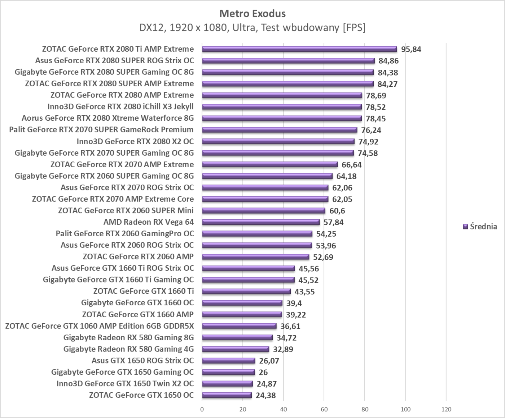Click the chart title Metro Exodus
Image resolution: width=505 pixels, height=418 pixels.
[x=252, y=13]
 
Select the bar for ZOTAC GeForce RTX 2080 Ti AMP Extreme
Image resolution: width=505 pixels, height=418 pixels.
[x=299, y=49]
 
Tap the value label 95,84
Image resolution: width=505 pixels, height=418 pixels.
[x=411, y=49]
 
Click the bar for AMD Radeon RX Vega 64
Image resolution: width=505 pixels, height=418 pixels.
[x=260, y=222]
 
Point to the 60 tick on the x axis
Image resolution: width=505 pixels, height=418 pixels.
[x=324, y=409]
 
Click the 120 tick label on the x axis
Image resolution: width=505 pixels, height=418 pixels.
[x=446, y=409]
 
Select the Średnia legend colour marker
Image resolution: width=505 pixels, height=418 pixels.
[x=465, y=227]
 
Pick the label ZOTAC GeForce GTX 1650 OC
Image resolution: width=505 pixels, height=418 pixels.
[x=141, y=395]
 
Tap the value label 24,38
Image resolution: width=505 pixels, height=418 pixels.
[x=265, y=395]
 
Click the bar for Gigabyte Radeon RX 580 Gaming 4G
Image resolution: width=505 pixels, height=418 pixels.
[x=235, y=349]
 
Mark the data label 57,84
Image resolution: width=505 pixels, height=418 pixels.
[x=333, y=222]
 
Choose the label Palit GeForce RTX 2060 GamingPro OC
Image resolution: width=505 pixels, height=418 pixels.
[x=124, y=233]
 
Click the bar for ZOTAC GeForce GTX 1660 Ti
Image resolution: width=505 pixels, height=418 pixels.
[x=246, y=291]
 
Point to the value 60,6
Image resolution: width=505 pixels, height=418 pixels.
[x=337, y=211]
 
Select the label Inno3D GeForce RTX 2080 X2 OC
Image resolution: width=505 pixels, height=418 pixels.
[x=135, y=141]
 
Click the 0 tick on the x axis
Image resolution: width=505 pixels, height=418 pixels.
[x=202, y=409]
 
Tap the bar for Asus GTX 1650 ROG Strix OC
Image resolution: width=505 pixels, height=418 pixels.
[x=228, y=361]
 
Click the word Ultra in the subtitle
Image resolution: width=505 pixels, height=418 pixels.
[x=244, y=27]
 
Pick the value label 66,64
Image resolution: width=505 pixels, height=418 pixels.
[x=351, y=165]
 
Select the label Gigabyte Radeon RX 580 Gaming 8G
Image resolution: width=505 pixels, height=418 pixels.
[x=128, y=337]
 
